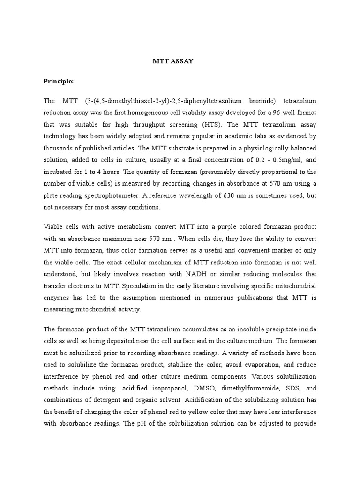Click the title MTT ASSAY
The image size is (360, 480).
click(x=173, y=61)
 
